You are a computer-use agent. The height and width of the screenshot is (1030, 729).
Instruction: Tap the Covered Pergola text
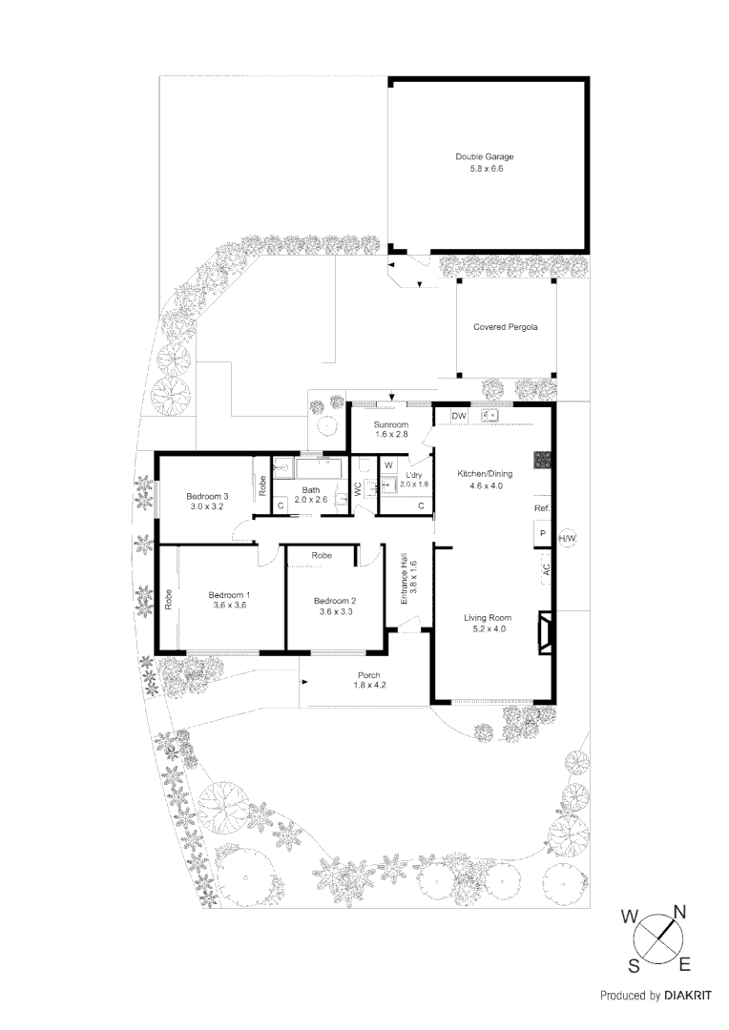coord(506,327)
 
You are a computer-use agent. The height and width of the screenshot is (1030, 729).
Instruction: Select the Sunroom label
coord(391,424)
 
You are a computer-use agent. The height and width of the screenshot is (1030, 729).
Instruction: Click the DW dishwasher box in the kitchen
coord(458,416)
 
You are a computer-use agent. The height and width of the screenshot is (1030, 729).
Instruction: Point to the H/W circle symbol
coord(567,539)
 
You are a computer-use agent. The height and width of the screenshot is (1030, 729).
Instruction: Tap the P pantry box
coord(542,534)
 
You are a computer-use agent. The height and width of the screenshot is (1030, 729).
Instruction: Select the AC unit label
coord(546,569)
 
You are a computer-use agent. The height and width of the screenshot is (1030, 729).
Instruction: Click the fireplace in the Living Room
coord(545,632)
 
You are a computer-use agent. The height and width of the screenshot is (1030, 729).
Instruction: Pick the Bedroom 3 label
coord(207,496)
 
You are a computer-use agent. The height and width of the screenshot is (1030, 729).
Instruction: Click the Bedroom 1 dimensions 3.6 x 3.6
coord(228,605)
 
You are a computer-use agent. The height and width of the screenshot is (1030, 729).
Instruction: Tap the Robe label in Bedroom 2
coord(322,555)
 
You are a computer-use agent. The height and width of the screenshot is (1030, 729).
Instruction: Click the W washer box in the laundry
coord(388,465)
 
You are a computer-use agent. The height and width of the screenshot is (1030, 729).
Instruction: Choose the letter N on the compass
coord(680,911)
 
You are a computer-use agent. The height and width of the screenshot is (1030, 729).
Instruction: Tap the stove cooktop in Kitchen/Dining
coord(541,460)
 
